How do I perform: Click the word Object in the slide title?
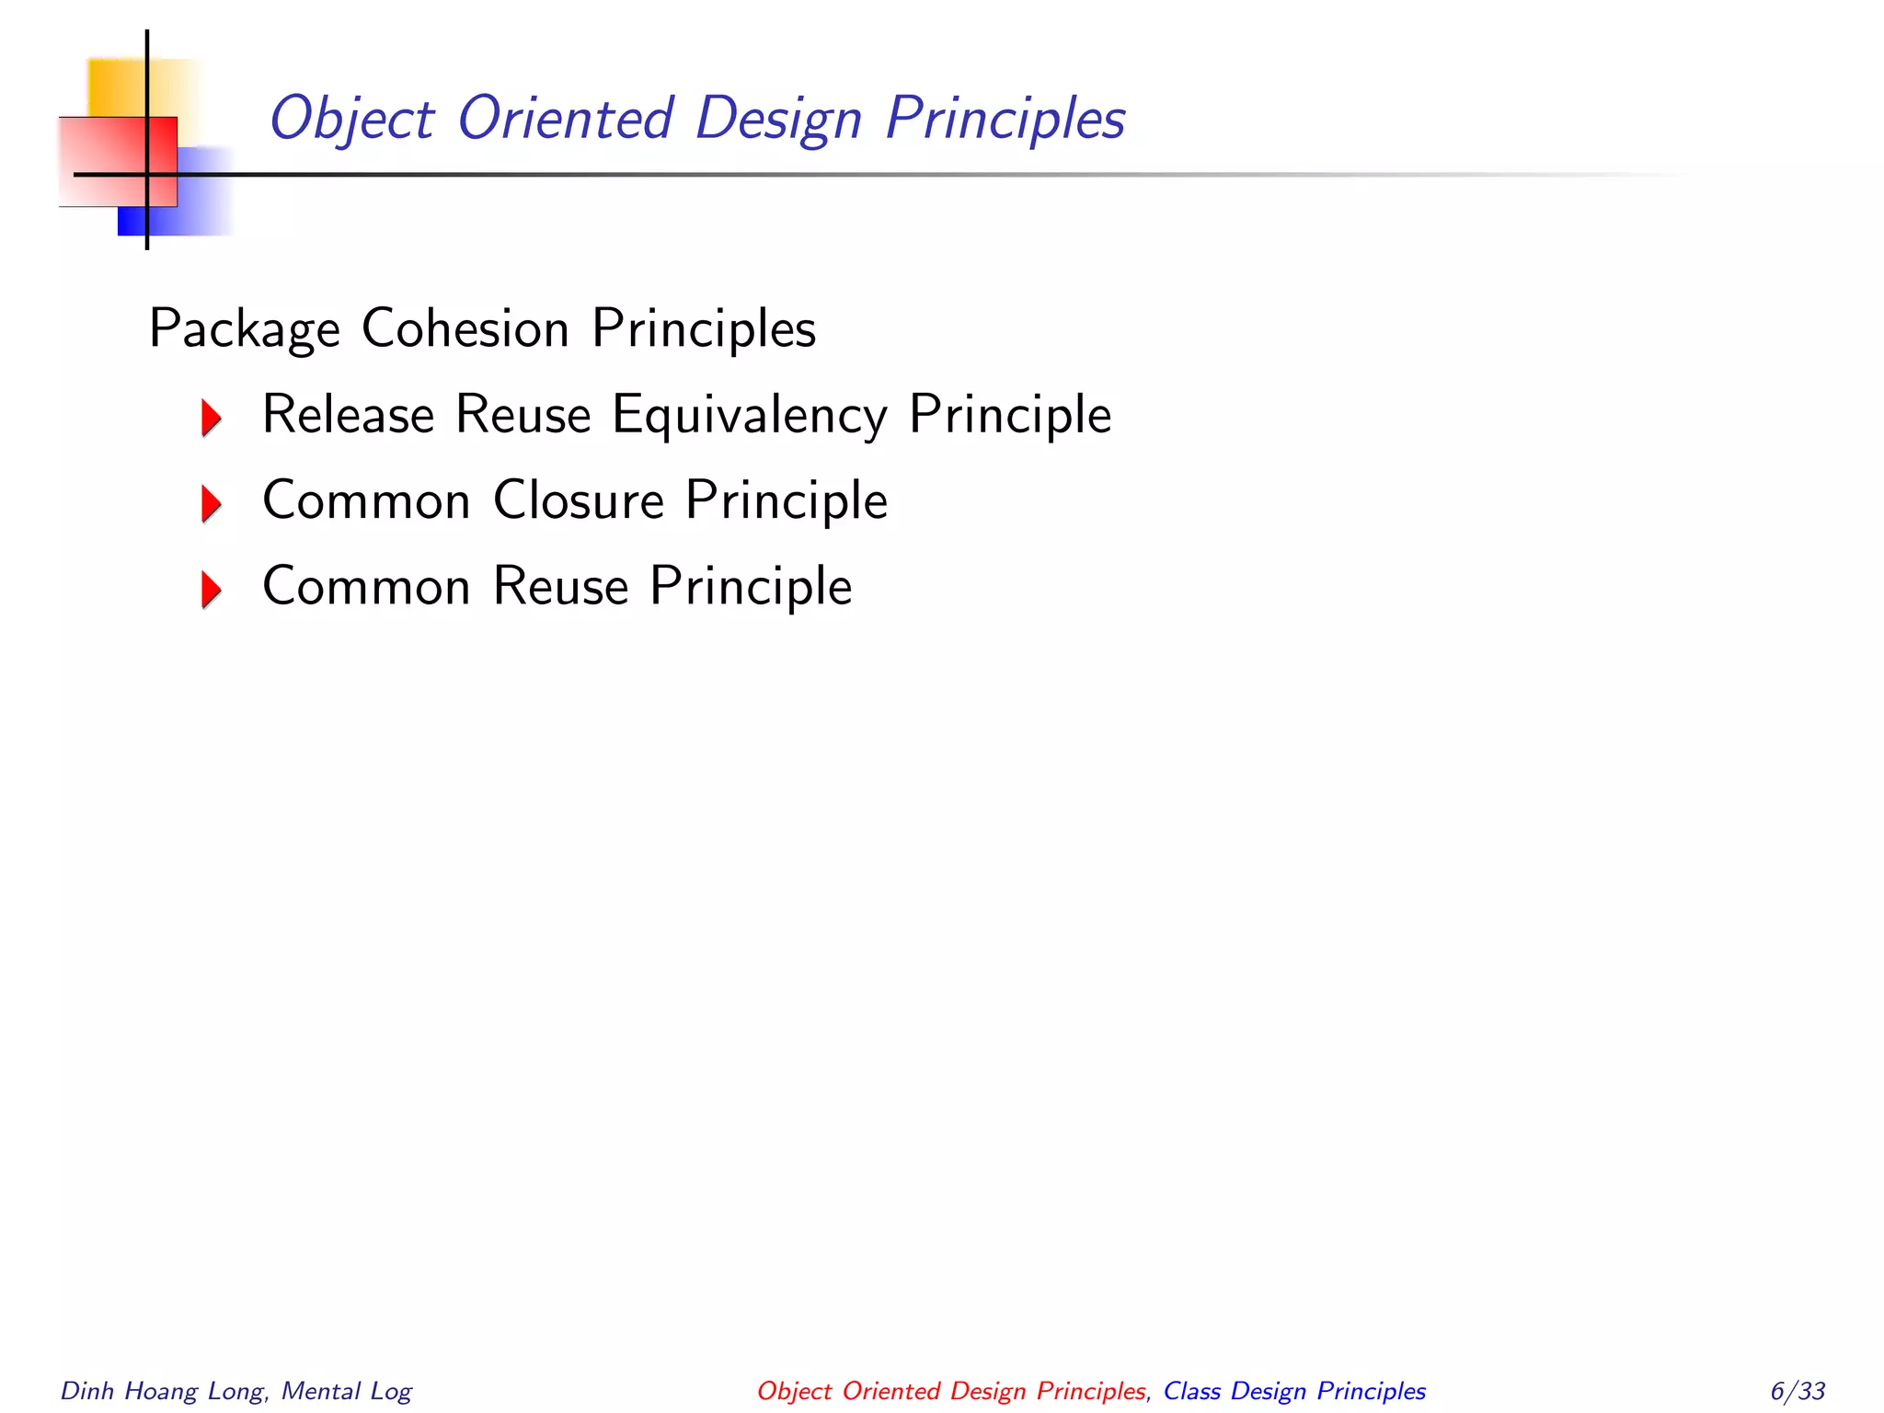pyautogui.click(x=351, y=120)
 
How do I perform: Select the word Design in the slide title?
pyautogui.click(x=778, y=120)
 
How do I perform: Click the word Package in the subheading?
pyautogui.click(x=244, y=329)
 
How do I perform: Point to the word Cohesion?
pyautogui.click(x=465, y=328)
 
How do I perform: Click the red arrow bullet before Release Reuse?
pyautogui.click(x=212, y=418)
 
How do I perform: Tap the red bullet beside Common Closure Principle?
pyautogui.click(x=212, y=503)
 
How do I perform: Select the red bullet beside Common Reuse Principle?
pyautogui.click(x=212, y=589)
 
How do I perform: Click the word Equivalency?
pyautogui.click(x=750, y=416)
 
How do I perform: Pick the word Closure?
pyautogui.click(x=579, y=501)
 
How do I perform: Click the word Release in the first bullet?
pyautogui.click(x=348, y=414)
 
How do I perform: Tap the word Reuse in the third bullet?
pyautogui.click(x=560, y=586)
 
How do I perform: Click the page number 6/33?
pyautogui.click(x=1798, y=1391)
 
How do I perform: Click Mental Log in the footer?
pyautogui.click(x=346, y=1391)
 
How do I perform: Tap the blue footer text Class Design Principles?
pyautogui.click(x=1294, y=1391)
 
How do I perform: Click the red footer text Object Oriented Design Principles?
pyautogui.click(x=951, y=1391)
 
